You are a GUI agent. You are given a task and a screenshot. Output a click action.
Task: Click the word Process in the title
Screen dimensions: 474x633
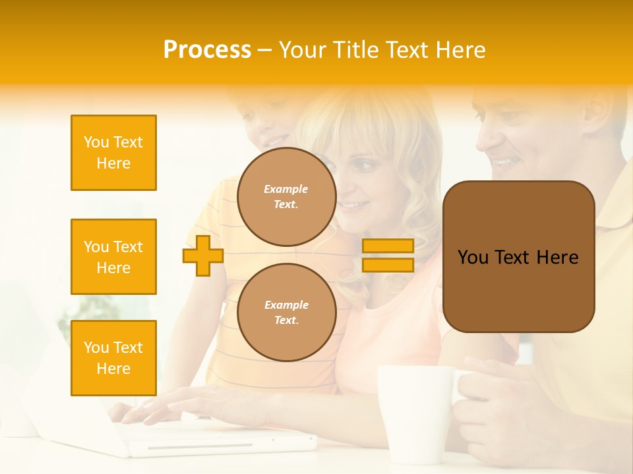tap(207, 50)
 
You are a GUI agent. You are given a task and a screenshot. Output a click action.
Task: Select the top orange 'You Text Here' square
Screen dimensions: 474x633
tap(113, 153)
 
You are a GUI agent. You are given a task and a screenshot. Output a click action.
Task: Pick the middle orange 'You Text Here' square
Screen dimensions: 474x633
tap(113, 257)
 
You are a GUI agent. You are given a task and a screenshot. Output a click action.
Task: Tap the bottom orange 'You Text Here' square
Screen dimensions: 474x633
tap(113, 358)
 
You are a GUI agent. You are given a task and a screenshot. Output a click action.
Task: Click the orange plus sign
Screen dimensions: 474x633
tap(203, 255)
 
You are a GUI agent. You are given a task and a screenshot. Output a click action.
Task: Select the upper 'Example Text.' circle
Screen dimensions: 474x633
tap(286, 197)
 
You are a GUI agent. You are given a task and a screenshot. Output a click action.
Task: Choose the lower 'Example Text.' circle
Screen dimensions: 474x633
tap(286, 313)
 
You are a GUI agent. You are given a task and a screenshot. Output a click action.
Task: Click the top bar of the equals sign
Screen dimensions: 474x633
tap(388, 246)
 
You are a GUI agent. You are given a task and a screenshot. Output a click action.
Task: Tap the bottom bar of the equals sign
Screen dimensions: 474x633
tap(388, 265)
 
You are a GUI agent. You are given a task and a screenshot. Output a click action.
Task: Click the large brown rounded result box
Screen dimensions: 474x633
tap(518, 257)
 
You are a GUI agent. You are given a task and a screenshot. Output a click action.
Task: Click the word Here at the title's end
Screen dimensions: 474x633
tap(462, 50)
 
